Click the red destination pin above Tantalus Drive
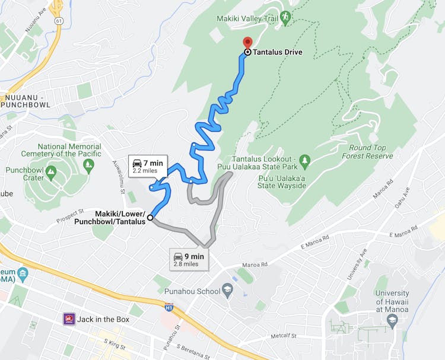(247, 43)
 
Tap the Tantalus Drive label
(278, 52)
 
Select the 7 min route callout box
(148, 166)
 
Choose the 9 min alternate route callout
(189, 259)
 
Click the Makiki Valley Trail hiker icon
(285, 17)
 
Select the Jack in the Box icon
(69, 319)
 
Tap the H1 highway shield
(169, 307)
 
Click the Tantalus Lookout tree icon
(305, 160)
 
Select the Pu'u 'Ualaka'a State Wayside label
(279, 181)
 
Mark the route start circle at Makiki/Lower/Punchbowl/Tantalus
(150, 218)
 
